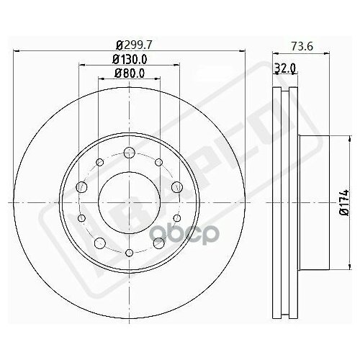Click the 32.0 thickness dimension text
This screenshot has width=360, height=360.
click(286, 71)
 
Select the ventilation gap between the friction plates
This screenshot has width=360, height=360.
click(286, 194)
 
